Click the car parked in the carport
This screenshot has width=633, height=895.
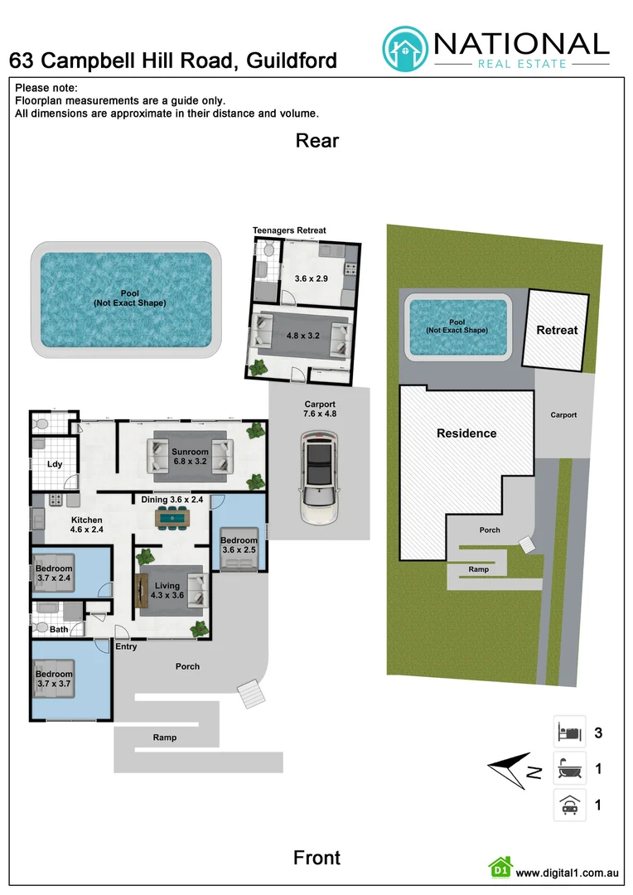click(x=317, y=480)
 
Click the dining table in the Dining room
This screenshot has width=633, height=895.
click(x=172, y=518)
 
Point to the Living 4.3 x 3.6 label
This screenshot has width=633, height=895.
click(x=167, y=591)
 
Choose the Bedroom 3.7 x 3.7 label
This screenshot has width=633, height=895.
click(x=54, y=680)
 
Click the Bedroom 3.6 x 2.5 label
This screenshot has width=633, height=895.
click(x=239, y=545)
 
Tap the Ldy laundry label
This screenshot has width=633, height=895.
click(x=56, y=464)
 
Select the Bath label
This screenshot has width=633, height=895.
click(x=59, y=630)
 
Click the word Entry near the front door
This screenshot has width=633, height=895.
click(x=127, y=647)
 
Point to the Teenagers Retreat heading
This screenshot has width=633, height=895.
click(x=289, y=230)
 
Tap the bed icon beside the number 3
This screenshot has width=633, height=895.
click(x=569, y=733)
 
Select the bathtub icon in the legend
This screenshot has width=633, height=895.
click(x=569, y=769)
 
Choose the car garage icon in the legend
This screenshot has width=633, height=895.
click(x=569, y=804)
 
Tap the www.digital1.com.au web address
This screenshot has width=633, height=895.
click(x=568, y=873)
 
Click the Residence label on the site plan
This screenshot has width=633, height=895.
click(x=466, y=433)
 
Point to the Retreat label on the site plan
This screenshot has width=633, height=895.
click(x=557, y=330)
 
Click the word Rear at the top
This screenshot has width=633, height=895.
click(x=317, y=141)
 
